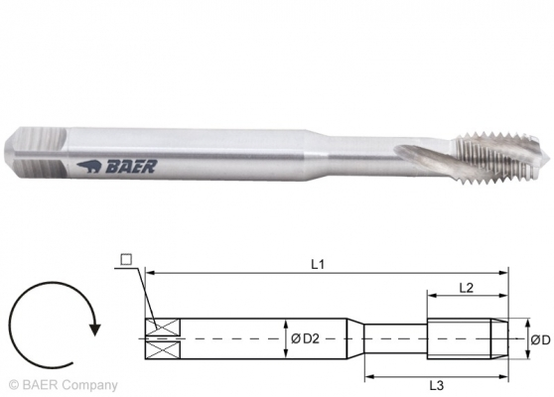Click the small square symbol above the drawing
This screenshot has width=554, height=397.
pos(125,260)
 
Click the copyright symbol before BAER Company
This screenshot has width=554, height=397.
pos(12,385)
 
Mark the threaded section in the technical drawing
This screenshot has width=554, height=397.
pos(467,338)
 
